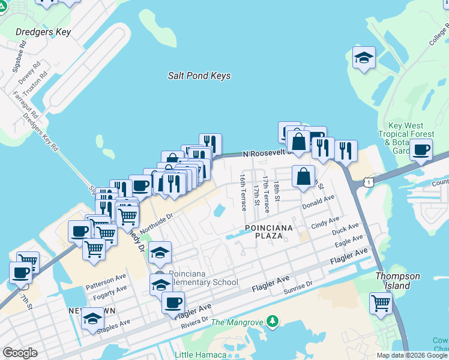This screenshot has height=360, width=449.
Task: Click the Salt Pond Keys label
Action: (x=199, y=76)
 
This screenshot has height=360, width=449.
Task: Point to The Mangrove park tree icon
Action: (x=273, y=322)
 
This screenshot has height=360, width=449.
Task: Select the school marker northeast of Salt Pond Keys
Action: (x=364, y=58)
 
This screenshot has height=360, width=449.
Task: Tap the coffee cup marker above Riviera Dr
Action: (x=173, y=302)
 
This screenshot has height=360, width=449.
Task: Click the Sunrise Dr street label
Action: (x=298, y=288)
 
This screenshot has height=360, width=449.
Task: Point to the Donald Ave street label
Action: (x=318, y=202)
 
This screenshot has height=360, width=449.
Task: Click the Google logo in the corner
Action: (x=20, y=353)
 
